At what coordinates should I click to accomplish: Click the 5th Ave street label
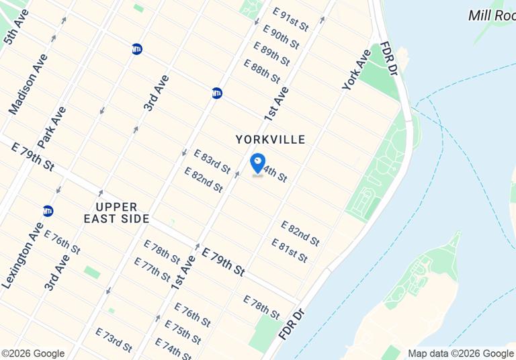[15, 28]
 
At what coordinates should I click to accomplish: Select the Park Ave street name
[52, 127]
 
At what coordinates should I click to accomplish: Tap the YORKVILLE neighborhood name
[271, 140]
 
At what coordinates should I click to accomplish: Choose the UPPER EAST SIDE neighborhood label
[116, 212]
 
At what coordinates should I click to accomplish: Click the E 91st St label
[291, 19]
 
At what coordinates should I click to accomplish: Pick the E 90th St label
[281, 36]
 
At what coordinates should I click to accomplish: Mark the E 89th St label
[271, 53]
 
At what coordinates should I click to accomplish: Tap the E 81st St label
[290, 250]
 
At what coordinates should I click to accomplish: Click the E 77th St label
[152, 269]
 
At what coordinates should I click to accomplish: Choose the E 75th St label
[183, 332]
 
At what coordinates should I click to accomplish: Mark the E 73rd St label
[114, 340]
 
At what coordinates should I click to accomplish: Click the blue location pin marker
[257, 163]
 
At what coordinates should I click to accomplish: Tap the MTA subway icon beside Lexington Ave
[48, 211]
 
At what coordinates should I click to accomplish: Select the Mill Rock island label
[491, 15]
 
